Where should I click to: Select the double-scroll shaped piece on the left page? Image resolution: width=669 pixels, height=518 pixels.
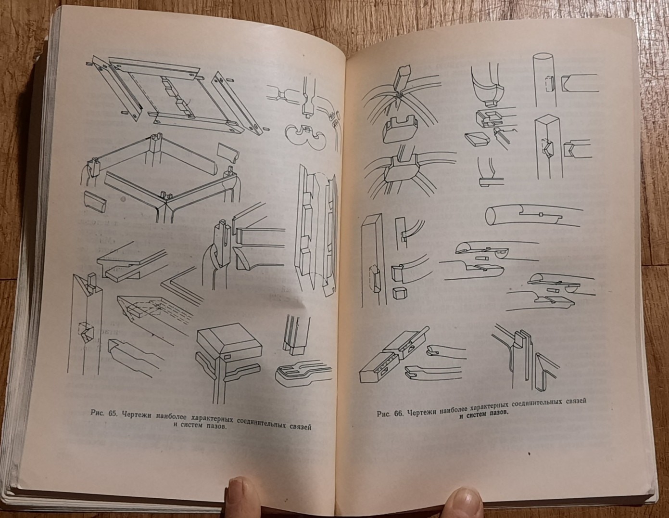click(304, 135)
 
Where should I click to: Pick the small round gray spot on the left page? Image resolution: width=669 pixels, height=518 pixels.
click(124, 199)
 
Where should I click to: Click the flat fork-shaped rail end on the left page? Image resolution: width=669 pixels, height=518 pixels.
click(303, 374)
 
